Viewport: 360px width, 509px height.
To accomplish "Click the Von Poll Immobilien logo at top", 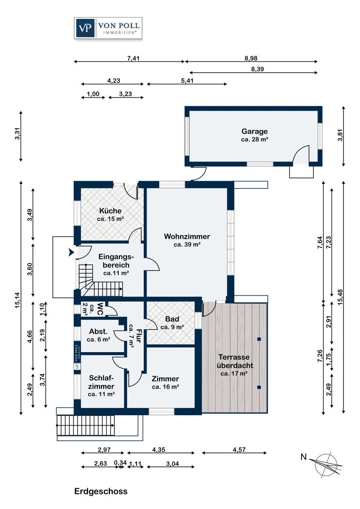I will [108, 28].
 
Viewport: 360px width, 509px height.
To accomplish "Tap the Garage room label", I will [254, 135].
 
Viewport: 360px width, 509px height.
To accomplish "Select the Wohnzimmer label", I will [187, 240].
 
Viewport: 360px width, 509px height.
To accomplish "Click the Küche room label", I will [110, 214].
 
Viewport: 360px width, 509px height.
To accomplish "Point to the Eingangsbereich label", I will [116, 265].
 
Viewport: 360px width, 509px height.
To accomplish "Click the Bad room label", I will [172, 323].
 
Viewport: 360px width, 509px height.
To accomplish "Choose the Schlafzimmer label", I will [101, 385].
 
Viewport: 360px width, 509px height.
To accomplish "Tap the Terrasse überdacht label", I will [235, 365].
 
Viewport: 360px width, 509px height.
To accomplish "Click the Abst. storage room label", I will [98, 335].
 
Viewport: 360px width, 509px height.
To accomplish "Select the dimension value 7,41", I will [133, 58].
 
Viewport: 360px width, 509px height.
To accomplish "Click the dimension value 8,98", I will [251, 58].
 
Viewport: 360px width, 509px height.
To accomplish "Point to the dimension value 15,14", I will [17, 300].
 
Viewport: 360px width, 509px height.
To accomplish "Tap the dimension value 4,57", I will [239, 450].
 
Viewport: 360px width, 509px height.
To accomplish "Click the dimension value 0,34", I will [120, 463].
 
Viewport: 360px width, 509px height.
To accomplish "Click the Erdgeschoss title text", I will [101, 491].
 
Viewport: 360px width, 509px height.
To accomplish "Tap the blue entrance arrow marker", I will [71, 252].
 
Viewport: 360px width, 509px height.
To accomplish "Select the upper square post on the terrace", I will [259, 339].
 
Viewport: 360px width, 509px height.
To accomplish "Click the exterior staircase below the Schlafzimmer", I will [86, 425].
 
